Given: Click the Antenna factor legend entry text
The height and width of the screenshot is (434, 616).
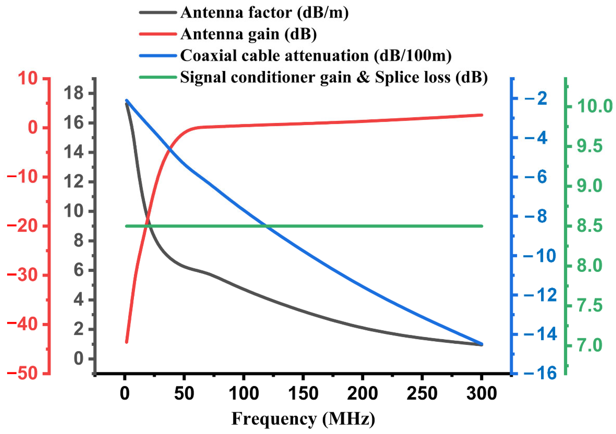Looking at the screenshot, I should pos(264,13).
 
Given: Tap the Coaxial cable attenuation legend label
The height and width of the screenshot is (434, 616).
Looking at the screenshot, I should pos(316,56).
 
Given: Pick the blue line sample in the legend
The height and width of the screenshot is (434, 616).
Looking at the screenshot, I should pos(158,56).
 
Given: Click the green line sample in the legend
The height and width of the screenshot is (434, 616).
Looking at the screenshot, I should pos(158,77).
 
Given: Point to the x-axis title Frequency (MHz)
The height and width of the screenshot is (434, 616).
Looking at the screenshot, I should pos(303,419).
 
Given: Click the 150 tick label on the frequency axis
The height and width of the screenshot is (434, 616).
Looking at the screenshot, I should pos(303,394).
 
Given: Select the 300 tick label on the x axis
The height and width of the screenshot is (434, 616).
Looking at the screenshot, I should pos(482,394).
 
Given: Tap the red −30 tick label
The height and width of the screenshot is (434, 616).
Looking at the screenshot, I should pos(22,275).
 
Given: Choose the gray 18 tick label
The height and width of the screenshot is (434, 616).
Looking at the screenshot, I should pos(73,94).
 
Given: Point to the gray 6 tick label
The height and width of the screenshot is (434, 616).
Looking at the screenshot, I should pos(79,270).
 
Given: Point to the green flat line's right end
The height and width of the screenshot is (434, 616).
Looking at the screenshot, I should pos(482,226).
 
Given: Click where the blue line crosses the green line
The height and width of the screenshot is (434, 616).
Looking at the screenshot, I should pos(266,226).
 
